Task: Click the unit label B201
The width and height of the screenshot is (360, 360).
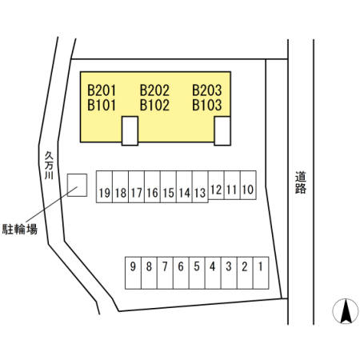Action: coord(102,90)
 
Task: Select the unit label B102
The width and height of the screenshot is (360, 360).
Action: coord(154,105)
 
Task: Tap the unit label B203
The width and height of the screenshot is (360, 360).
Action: coord(207,90)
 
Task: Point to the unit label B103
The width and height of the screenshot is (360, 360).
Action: coord(207,105)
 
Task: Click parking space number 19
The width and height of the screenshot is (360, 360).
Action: coord(104,187)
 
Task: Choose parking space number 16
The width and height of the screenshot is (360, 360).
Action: coord(152,187)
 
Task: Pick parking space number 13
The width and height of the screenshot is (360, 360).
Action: coord(200,187)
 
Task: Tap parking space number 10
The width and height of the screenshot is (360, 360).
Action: coord(248,185)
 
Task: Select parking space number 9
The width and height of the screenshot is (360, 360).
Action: coord(133,273)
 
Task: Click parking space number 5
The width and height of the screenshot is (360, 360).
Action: coord(197,273)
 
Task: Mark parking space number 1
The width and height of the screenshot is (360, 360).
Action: coord(261,273)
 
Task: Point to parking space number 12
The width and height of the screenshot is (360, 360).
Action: coord(216,185)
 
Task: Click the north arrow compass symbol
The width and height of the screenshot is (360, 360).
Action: coord(346,311)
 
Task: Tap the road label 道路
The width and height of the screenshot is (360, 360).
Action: coord(301,182)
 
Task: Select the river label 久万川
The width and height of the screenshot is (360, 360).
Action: coord(49,166)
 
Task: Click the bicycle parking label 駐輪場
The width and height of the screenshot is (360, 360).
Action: coord(20,230)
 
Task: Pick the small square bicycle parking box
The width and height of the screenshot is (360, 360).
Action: coord(77,185)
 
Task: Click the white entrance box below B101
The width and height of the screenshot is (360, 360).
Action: coord(130,131)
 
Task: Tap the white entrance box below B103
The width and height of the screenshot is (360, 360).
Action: coord(222,131)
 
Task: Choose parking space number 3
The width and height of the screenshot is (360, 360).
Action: coord(229,273)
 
